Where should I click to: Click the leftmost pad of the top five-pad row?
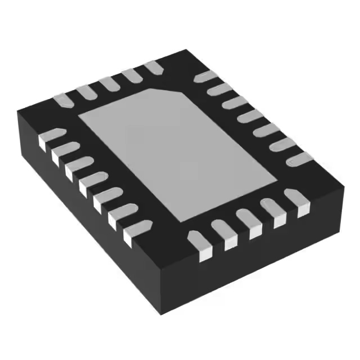tap(64, 100)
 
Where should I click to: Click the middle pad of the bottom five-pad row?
tap(248, 222)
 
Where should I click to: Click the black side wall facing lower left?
tap(84, 225)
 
